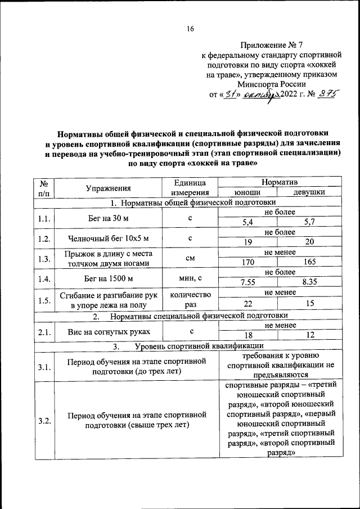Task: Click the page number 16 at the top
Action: point(190,29)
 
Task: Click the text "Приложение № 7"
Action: point(272,44)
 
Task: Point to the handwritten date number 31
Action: point(229,94)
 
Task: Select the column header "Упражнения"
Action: point(108,188)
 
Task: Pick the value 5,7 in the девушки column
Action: point(309,222)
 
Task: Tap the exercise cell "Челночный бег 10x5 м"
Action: point(107,238)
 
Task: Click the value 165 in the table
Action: point(309,262)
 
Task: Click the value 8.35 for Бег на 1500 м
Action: point(309,282)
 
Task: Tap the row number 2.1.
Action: point(44,332)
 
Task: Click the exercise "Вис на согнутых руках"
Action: point(107,332)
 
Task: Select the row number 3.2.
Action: point(44,419)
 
